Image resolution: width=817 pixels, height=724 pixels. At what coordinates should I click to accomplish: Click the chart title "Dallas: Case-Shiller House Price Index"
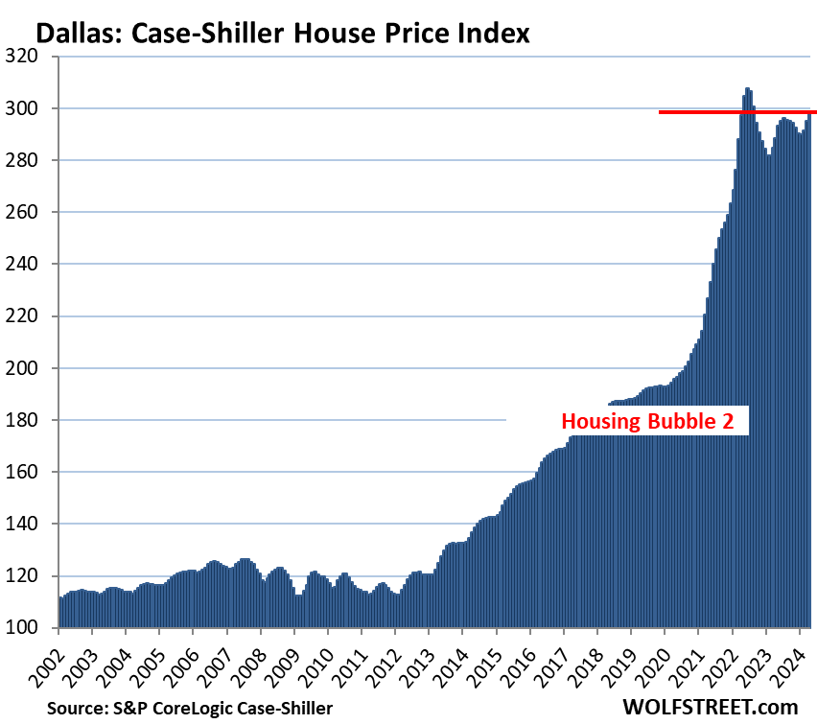tap(282, 35)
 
